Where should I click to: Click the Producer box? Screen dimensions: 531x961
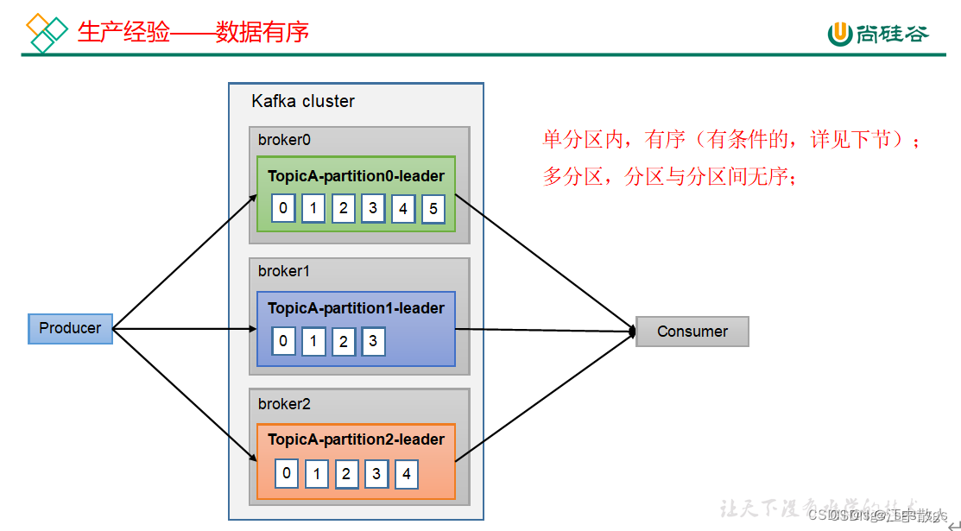click(x=70, y=329)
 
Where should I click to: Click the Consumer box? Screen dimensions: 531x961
click(x=692, y=332)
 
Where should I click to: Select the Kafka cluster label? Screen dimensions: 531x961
click(x=303, y=101)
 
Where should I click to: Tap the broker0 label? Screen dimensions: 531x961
click(x=284, y=140)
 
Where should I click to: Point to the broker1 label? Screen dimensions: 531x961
click(x=284, y=271)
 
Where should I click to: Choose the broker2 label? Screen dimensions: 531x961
click(x=284, y=404)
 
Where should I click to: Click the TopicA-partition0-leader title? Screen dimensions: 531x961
click(x=356, y=176)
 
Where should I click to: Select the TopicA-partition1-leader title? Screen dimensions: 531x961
click(x=356, y=308)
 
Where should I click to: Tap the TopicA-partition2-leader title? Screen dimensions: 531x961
click(x=356, y=439)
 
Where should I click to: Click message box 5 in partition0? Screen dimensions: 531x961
click(x=433, y=209)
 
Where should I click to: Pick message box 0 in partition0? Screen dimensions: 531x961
click(x=283, y=208)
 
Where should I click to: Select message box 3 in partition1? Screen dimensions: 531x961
click(x=373, y=341)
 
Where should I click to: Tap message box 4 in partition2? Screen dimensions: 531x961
click(x=406, y=474)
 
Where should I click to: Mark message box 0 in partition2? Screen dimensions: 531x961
click(x=287, y=473)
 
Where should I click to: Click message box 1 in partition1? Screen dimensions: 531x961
click(x=313, y=341)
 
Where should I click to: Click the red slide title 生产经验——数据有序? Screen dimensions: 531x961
click(x=193, y=32)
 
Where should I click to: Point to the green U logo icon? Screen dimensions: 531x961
click(x=840, y=33)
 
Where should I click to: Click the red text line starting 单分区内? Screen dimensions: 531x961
click(x=731, y=140)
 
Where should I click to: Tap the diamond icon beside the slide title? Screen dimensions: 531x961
click(x=47, y=33)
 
